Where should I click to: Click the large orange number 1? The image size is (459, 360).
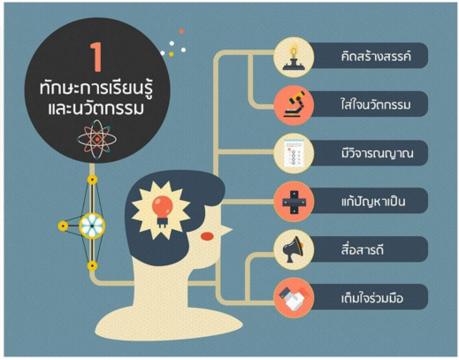click(97, 57)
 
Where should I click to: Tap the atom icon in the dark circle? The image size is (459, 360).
click(97, 139)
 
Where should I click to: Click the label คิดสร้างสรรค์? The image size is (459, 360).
click(376, 56)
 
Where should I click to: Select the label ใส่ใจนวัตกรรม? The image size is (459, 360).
click(376, 104)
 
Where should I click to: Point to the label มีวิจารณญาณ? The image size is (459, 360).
click(378, 153)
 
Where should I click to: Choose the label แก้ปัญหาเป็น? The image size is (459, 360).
click(373, 201)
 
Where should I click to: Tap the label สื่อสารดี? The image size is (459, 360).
click(363, 249)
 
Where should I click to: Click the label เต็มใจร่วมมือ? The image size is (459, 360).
click(372, 298)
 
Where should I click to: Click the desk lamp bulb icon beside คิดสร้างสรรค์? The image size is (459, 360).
click(294, 57)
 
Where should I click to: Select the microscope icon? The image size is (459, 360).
click(295, 103)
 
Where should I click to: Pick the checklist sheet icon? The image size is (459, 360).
click(294, 153)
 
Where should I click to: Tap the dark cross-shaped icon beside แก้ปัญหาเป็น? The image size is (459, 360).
click(294, 202)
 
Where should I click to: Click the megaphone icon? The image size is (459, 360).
click(293, 249)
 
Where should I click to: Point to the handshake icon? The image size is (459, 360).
click(294, 298)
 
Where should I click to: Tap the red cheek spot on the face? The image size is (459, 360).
click(207, 236)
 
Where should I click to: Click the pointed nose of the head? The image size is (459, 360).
click(227, 229)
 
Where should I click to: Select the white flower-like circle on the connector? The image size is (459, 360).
click(92, 226)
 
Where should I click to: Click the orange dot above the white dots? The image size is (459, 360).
click(181, 31)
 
